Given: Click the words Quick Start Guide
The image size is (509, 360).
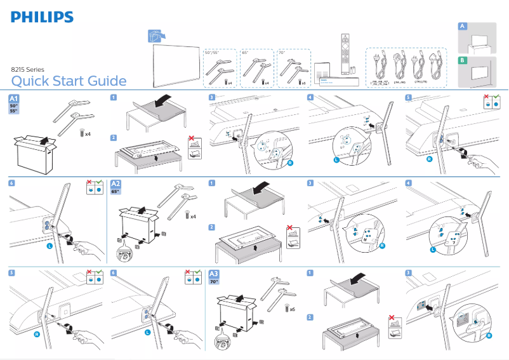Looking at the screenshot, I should coord(69,81).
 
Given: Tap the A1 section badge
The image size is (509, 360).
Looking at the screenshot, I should coord(15,99).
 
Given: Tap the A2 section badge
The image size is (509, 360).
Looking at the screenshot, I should coord(117,184).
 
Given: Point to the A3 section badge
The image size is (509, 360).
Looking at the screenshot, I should coord(215,274).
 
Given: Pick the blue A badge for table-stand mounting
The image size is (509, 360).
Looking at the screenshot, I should coord(463,26).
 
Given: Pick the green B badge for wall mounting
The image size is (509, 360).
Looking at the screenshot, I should coord(463,60).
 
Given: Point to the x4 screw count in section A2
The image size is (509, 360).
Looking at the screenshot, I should coord(193,217).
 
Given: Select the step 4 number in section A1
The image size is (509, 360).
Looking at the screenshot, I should coord(310,97).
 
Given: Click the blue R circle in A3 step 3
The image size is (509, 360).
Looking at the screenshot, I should coord(489,336).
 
